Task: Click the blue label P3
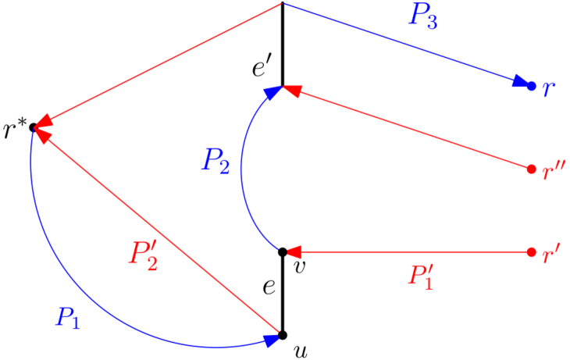(422, 17)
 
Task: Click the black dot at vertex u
(283, 336)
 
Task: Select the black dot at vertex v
(283, 252)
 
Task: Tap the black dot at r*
(34, 127)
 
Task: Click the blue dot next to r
(532, 86)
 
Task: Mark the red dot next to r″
(532, 169)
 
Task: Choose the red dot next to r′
(532, 252)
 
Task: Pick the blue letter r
(549, 87)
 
